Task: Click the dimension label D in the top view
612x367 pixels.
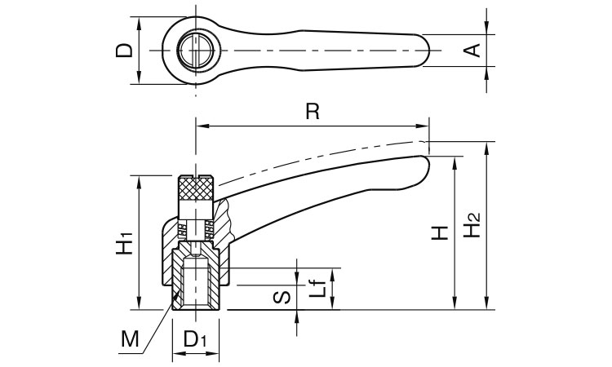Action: click(x=124, y=51)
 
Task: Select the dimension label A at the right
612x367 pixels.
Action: click(x=471, y=51)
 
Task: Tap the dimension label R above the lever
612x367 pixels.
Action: click(x=311, y=113)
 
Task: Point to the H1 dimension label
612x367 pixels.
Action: click(x=124, y=243)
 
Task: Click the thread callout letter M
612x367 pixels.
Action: click(x=127, y=337)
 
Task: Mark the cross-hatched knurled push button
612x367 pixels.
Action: click(x=197, y=192)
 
